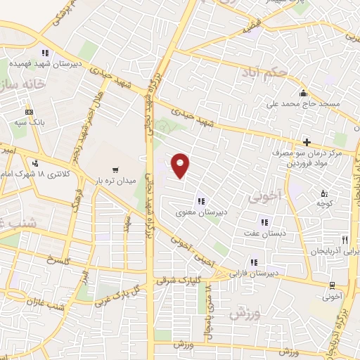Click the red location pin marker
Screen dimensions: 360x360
(181, 166)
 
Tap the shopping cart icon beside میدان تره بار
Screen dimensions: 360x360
(115, 169)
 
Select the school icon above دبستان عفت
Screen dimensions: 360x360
(264, 224)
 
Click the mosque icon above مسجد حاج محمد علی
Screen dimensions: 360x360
(303, 94)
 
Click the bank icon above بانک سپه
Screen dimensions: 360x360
(29, 111)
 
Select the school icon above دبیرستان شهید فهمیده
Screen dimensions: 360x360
(45, 52)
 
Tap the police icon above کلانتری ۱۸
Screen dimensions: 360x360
(36, 163)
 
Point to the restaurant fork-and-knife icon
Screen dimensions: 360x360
(345, 239)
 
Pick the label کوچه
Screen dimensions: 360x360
(323, 204)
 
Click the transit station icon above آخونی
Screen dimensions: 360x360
(331, 285)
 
